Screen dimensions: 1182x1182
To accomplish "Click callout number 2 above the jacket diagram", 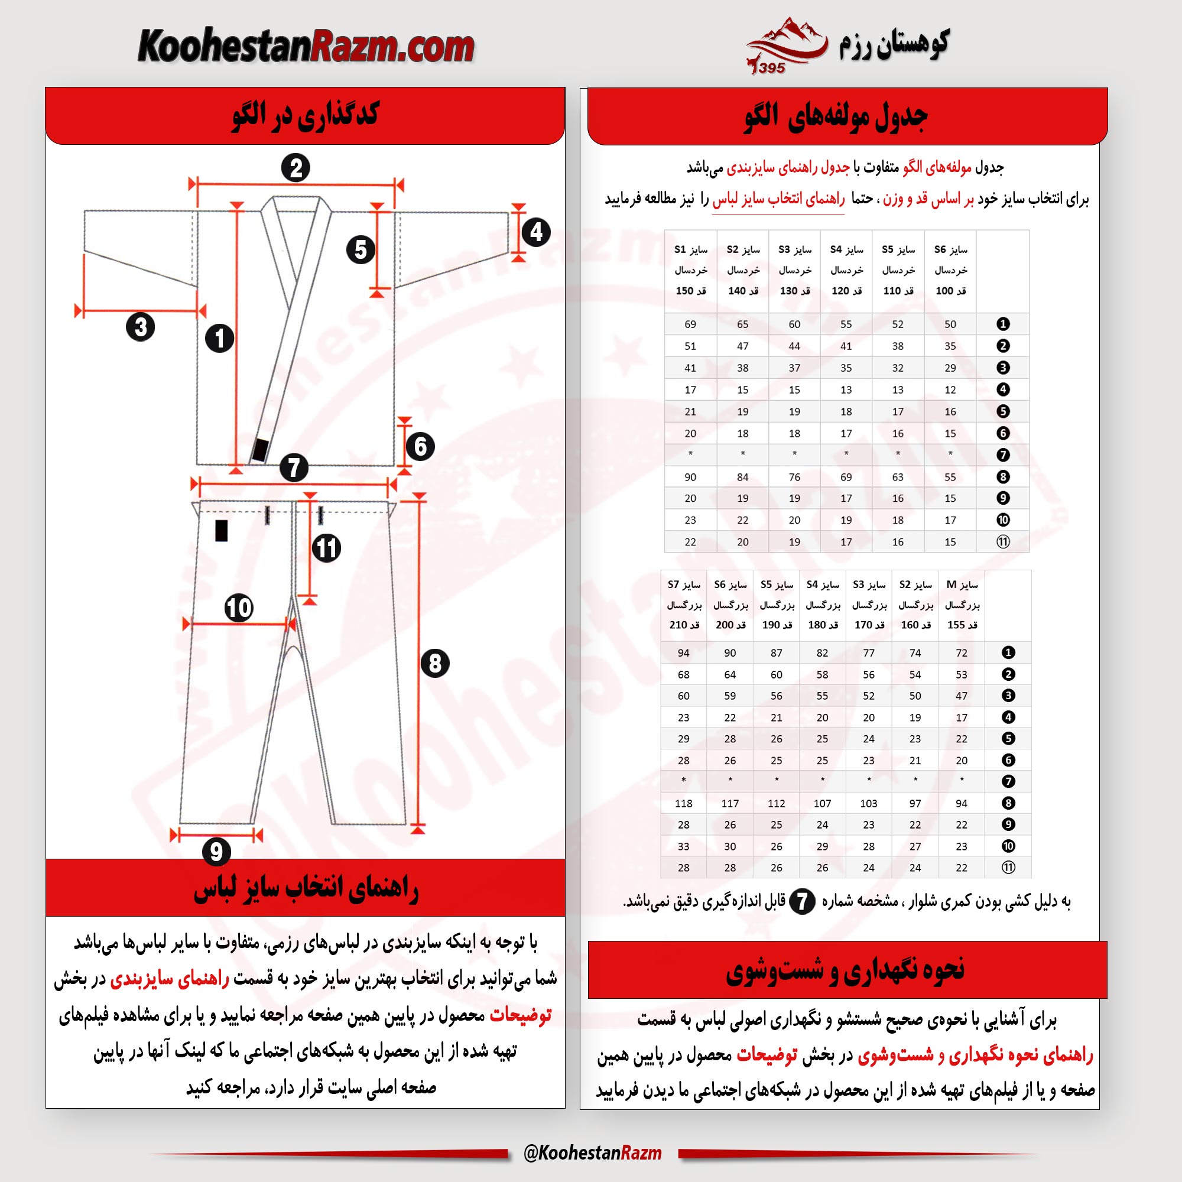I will (x=296, y=168).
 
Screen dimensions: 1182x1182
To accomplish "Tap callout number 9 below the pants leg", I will (x=216, y=851).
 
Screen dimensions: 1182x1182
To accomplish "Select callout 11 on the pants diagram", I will (x=327, y=548).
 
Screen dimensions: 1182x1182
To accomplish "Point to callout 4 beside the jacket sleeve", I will (x=536, y=232).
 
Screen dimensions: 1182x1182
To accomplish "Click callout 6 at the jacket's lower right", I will (x=420, y=447).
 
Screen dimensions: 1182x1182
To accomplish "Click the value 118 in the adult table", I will (x=683, y=803).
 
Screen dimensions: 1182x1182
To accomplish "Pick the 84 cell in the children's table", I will (x=742, y=476).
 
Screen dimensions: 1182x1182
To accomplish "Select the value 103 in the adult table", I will (x=868, y=803).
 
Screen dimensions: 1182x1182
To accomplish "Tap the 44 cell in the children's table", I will (x=794, y=346).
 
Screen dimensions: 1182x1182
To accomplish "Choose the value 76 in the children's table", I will (x=794, y=476).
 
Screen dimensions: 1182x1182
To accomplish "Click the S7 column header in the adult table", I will (x=683, y=605).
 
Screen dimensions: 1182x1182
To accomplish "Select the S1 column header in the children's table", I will (x=691, y=270).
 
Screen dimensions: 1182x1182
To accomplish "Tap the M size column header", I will (x=961, y=605).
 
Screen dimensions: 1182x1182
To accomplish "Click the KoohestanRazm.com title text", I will (x=306, y=47).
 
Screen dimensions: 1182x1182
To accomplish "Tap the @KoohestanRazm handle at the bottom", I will (x=592, y=1152).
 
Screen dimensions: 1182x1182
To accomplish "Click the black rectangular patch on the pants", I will (x=222, y=531).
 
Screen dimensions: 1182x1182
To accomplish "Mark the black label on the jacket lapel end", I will (x=260, y=450).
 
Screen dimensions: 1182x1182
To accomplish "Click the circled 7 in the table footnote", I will (x=802, y=901).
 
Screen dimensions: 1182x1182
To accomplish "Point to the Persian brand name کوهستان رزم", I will (x=894, y=44).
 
